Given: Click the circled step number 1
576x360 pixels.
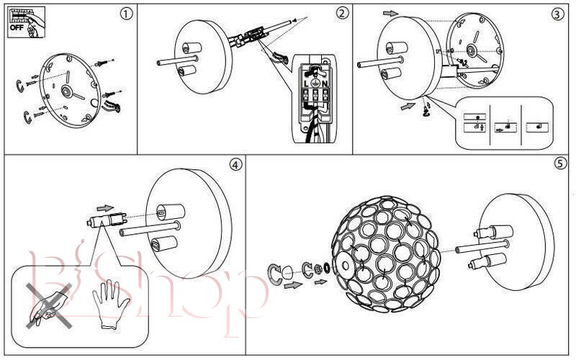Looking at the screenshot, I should point(127,13).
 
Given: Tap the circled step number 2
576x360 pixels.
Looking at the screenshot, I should point(342,13).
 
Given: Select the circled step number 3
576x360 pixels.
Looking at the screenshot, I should point(557,13).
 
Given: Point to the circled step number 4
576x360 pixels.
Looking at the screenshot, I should point(235,164).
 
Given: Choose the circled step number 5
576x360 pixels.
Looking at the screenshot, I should point(560,164).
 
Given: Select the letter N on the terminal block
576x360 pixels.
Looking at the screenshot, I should point(326,84).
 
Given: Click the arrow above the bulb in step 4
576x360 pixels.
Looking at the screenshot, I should point(104,207).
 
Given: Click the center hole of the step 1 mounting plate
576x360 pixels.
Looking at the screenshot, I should point(66,91).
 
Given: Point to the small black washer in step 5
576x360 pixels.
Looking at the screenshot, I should point(327,270).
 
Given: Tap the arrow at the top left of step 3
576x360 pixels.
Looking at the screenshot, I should point(390,12).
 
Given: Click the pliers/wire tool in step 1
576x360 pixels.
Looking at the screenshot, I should point(113,106).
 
